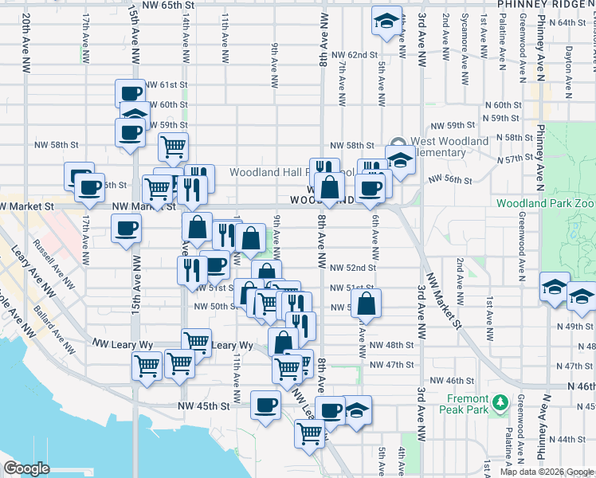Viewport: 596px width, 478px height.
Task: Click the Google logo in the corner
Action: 26,468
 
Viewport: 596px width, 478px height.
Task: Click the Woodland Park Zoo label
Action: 546,203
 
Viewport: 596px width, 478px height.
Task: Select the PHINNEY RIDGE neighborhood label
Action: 547,5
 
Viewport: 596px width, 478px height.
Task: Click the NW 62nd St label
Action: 355,54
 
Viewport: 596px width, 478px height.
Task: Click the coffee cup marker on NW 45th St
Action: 266,404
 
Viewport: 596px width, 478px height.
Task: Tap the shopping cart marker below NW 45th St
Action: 309,433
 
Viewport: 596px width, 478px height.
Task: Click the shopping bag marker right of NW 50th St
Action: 366,303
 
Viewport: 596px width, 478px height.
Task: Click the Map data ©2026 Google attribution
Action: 546,472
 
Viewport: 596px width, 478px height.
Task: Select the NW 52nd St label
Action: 352,268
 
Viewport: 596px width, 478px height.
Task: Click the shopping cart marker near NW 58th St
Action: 173,146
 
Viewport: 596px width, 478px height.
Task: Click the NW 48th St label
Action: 392,345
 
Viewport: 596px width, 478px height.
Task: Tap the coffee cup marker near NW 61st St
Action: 130,92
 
